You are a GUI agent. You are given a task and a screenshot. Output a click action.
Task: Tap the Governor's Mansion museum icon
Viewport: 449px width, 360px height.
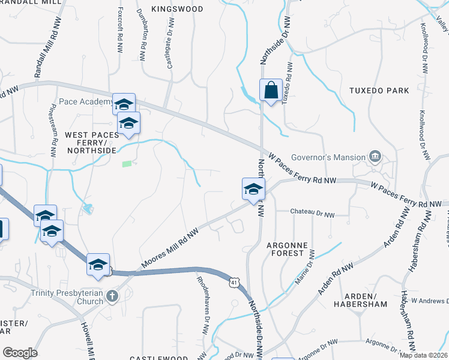[x=376, y=157]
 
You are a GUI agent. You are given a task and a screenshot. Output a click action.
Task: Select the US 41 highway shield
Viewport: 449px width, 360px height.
[x=234, y=281]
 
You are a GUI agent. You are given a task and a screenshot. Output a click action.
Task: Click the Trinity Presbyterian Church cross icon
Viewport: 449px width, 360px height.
[x=112, y=295]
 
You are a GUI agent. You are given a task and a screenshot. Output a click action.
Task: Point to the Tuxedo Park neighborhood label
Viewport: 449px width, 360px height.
[x=379, y=91]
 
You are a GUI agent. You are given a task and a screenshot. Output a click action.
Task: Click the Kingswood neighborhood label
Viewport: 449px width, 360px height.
[x=177, y=9]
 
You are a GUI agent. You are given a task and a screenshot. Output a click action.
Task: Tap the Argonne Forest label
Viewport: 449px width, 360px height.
[x=288, y=250]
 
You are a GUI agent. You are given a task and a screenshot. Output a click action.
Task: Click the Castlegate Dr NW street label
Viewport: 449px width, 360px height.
[x=170, y=42]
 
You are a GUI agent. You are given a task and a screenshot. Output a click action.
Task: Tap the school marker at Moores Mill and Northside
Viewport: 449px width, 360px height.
[x=253, y=188]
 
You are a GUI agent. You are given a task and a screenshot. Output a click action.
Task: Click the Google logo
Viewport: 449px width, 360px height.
[x=20, y=352]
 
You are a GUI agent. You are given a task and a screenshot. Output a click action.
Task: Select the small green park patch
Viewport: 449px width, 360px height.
[x=127, y=163]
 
